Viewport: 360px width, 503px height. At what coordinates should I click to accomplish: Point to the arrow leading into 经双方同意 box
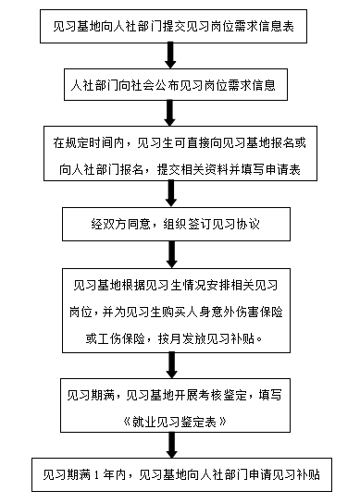pyautogui.click(x=168, y=191)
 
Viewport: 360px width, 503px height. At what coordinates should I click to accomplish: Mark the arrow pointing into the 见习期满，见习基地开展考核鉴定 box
pyautogui.click(x=168, y=363)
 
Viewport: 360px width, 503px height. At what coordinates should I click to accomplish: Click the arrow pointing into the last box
pyautogui.click(x=168, y=446)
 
